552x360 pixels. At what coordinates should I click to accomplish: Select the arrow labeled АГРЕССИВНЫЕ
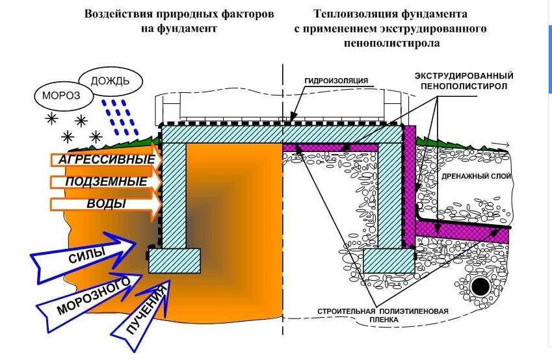[104, 160]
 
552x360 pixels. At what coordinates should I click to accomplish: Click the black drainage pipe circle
[482, 286]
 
